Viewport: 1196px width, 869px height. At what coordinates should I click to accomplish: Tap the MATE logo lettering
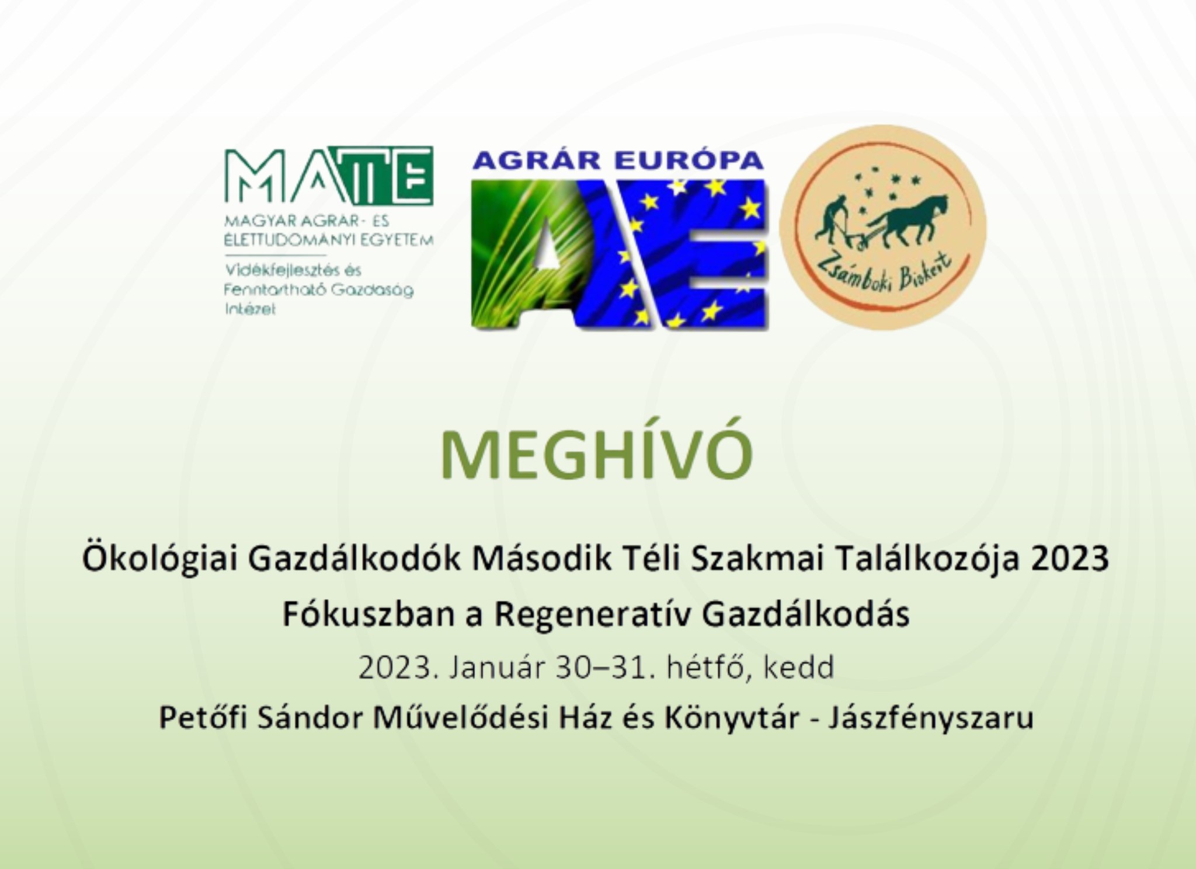coord(329,176)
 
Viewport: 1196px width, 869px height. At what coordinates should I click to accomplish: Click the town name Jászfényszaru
coord(931,718)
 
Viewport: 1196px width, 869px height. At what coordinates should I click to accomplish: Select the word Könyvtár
coord(732,718)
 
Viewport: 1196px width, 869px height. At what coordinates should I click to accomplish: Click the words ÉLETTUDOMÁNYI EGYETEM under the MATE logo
coord(329,240)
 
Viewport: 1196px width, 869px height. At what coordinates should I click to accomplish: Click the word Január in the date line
coord(496,667)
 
